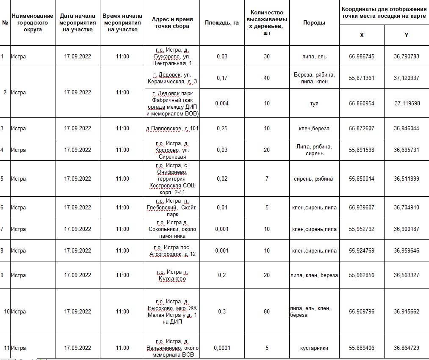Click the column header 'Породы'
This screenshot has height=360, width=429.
click(314, 23)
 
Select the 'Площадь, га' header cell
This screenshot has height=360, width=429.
click(222, 23)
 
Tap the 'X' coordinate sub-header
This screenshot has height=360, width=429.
click(362, 35)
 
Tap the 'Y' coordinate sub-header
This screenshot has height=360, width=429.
click(406, 35)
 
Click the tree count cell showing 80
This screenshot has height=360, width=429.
click(266, 312)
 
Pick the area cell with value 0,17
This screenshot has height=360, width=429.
click(222, 78)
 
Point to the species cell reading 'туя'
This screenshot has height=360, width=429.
click(314, 103)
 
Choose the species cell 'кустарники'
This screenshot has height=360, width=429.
click(314, 348)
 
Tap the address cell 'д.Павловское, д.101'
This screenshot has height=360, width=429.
click(172, 129)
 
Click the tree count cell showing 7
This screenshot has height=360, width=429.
click(266, 179)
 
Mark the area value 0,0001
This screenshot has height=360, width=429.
click(222, 348)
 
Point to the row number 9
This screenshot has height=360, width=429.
click(2, 275)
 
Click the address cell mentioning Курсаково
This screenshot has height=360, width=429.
click(172, 275)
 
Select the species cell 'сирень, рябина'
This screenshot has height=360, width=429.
click(314, 179)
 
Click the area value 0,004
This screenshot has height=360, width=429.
click(222, 103)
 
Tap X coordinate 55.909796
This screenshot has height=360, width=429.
click(362, 312)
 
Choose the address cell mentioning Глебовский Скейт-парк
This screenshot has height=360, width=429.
click(172, 207)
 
